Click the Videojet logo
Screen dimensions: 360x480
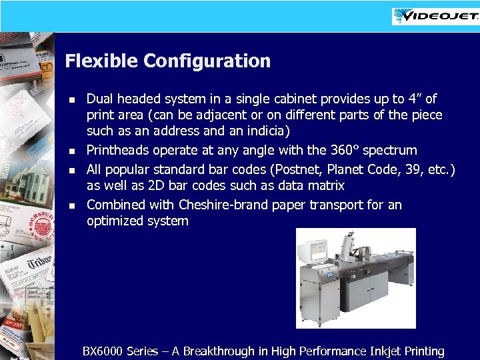[x=435, y=15]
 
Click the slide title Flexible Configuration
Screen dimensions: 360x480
[x=167, y=61]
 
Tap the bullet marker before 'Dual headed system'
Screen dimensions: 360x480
[x=73, y=99]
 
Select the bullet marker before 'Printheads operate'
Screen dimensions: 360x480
[x=73, y=151]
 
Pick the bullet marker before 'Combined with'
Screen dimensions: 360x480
[x=73, y=205]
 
